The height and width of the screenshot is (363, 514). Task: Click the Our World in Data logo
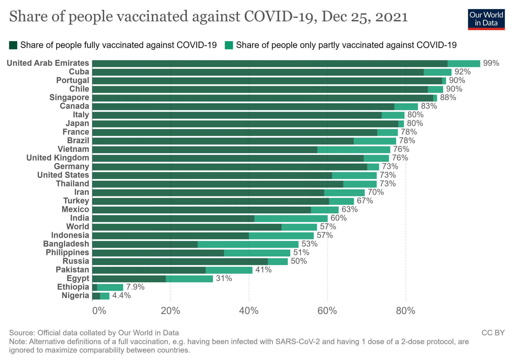[x=486, y=20]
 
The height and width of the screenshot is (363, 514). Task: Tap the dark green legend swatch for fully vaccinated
[x=13, y=45]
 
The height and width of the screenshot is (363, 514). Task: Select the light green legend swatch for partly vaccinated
[x=229, y=45]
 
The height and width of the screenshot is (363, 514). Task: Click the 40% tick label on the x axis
[x=249, y=311]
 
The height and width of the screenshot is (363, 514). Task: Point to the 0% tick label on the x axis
[x=99, y=311]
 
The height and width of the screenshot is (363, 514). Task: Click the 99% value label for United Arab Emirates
[x=491, y=63]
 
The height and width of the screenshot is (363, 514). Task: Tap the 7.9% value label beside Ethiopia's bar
[x=135, y=287]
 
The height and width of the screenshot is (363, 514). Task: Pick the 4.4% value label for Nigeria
[x=121, y=296]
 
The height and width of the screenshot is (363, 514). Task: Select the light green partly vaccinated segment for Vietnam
[x=354, y=149]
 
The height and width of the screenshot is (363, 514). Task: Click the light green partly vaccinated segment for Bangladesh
[x=248, y=244]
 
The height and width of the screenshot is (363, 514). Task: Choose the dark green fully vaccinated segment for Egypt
[x=129, y=278]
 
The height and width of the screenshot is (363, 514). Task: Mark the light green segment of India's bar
[x=291, y=218]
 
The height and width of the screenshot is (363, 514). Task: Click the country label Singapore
[x=69, y=97]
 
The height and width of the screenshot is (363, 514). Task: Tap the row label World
[x=78, y=226]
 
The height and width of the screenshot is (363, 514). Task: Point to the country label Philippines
[x=67, y=252]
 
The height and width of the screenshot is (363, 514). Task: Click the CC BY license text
[x=493, y=333]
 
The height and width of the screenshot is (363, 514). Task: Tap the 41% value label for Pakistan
[x=263, y=270]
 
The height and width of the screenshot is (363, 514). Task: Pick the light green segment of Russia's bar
[x=278, y=261]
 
